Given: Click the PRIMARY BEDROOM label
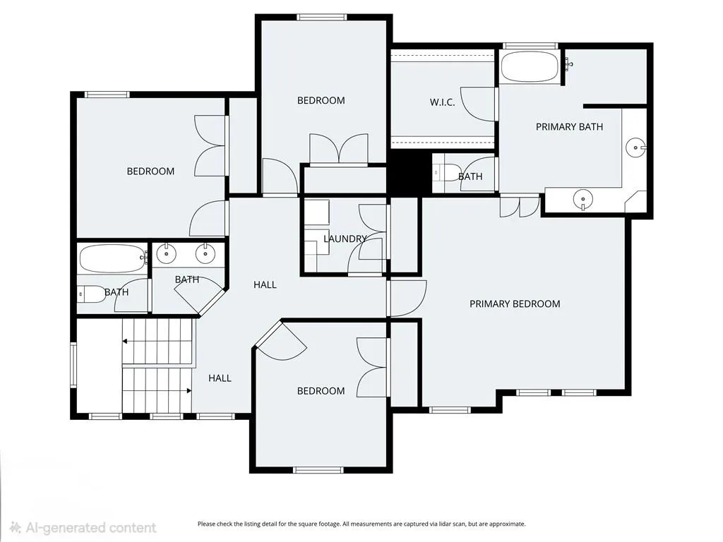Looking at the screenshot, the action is [515, 303].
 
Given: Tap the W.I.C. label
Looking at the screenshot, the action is [442, 102].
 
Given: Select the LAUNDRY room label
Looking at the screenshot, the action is [345, 239].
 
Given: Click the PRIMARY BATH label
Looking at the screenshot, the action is [569, 127].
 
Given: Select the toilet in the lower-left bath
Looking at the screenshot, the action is [91, 294].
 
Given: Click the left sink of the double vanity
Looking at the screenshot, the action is [166, 253].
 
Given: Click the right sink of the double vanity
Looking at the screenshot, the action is [205, 253].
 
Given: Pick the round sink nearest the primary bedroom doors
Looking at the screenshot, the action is [582, 200].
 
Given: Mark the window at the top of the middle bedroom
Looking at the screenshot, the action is [321, 18].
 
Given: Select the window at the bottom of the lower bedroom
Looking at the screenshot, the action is [318, 470].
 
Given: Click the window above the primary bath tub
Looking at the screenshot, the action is [530, 46].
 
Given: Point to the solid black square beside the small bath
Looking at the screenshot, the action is [405, 174].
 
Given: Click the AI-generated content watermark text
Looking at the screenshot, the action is [83, 527].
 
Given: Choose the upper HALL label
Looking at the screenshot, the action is [265, 285].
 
